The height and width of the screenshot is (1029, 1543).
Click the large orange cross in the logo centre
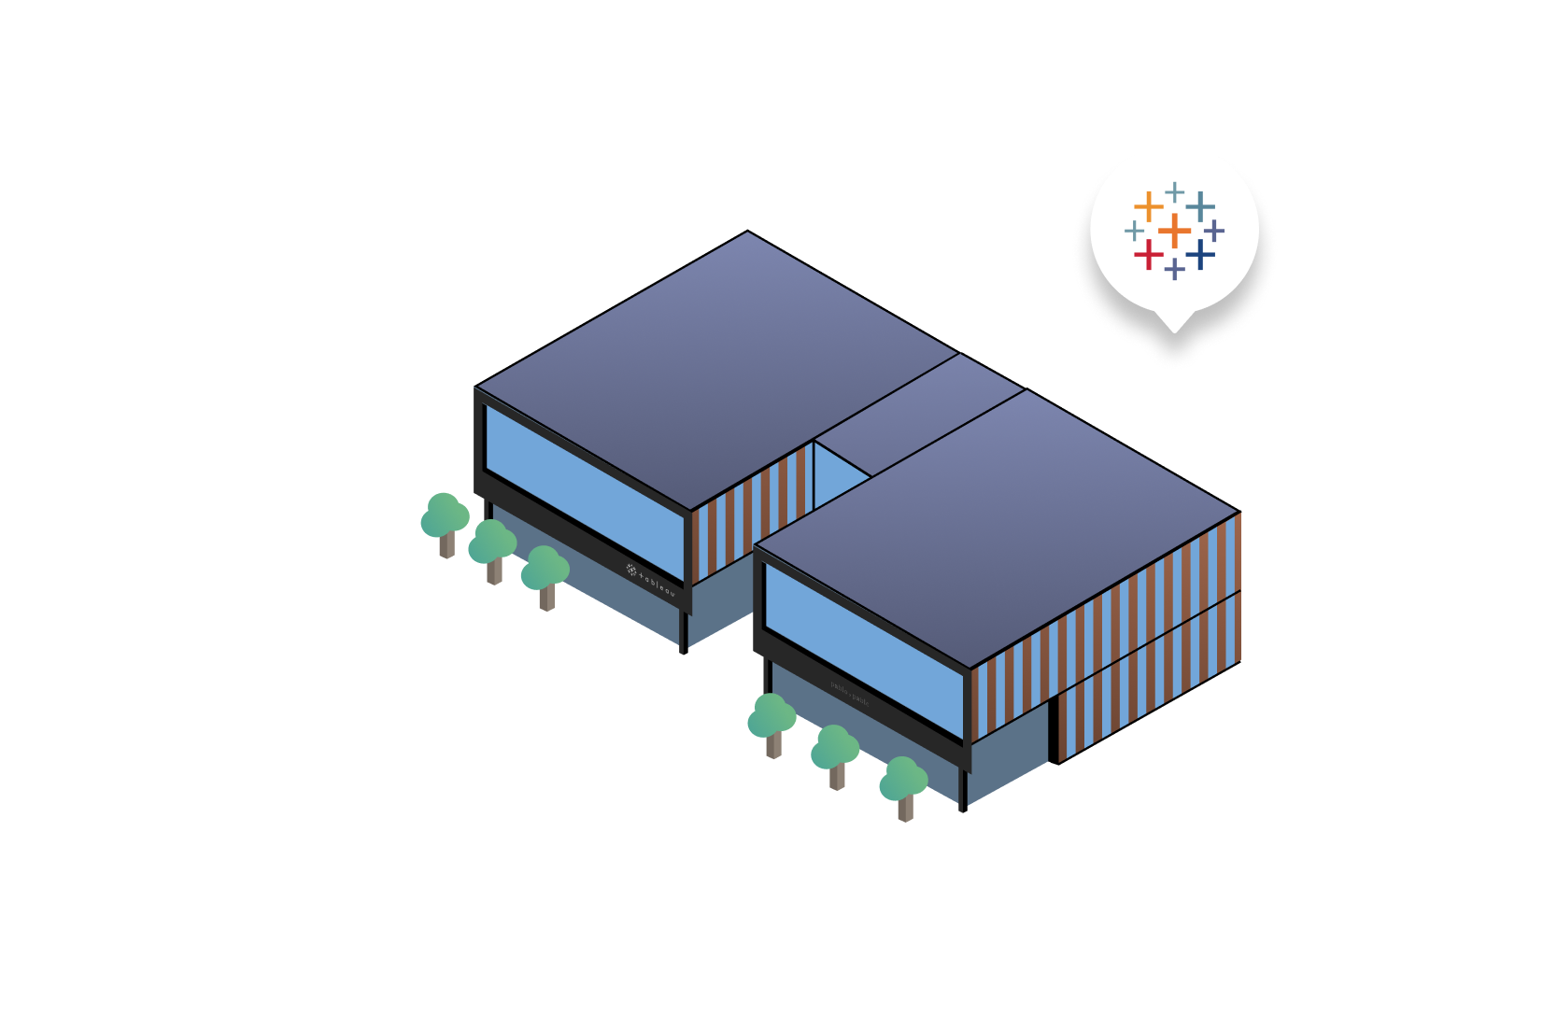(x=1174, y=230)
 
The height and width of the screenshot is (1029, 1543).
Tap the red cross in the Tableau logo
(x=1149, y=254)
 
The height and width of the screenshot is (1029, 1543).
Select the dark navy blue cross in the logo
(x=1201, y=254)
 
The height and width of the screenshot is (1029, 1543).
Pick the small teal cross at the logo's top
(x=1175, y=191)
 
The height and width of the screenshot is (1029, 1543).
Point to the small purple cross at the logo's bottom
(x=1175, y=270)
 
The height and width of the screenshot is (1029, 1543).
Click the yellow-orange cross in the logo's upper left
(x=1149, y=204)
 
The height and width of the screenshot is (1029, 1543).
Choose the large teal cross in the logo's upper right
(x=1201, y=205)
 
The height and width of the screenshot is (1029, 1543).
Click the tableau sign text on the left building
(x=651, y=580)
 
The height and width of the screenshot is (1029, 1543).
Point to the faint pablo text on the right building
(x=850, y=693)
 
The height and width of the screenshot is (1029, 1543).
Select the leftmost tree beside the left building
(x=445, y=521)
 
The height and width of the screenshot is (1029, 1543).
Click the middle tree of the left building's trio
(x=492, y=548)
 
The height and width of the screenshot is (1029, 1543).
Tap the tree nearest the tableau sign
(x=545, y=574)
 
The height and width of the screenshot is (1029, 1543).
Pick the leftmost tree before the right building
(x=771, y=721)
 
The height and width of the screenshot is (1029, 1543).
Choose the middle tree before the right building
(x=835, y=753)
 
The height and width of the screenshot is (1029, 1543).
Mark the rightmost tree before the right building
(x=903, y=784)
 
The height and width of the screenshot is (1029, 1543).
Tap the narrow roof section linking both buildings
(x=920, y=416)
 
